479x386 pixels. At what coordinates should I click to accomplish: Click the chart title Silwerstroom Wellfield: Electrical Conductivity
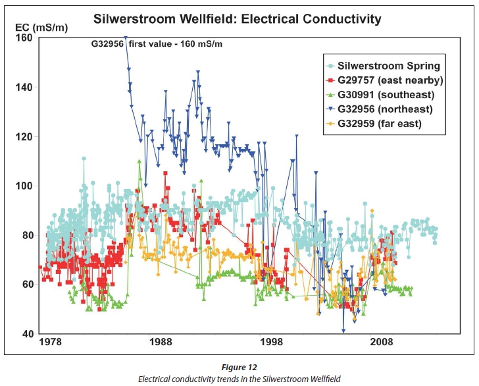click(x=238, y=18)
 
